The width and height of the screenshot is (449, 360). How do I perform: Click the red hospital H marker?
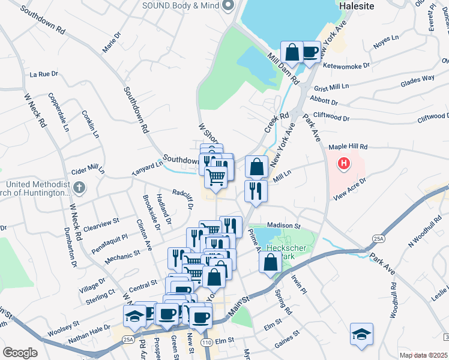click(x=344, y=163)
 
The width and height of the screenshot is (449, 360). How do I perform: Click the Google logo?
click(x=20, y=352)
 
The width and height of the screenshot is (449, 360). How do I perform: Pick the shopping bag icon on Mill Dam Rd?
click(x=292, y=52)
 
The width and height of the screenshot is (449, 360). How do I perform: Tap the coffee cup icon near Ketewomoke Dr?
click(x=310, y=52)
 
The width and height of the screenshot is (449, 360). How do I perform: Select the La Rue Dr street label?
click(x=44, y=74)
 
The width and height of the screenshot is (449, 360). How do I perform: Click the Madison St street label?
click(x=276, y=225)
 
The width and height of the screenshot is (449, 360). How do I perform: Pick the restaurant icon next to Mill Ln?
click(x=256, y=191)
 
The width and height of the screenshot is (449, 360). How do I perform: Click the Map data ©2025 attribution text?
click(x=424, y=355)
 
